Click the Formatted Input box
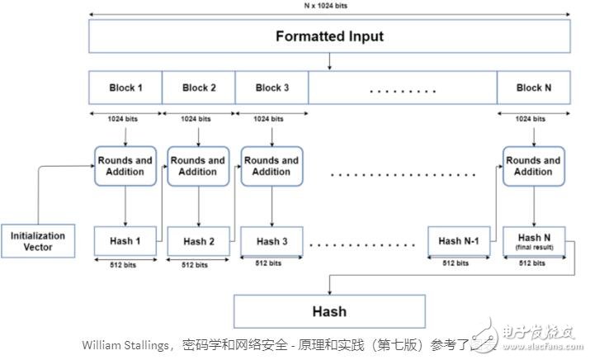(x=329, y=37)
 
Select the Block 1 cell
(x=125, y=88)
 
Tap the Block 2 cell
(x=198, y=88)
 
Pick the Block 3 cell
(x=271, y=88)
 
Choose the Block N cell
(x=533, y=88)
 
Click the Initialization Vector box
(x=38, y=241)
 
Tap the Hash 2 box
(x=199, y=242)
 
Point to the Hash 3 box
(x=271, y=242)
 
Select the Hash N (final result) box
(x=533, y=240)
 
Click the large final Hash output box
(x=329, y=312)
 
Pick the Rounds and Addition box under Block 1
(x=125, y=166)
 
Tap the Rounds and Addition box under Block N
(x=532, y=166)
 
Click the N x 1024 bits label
(x=328, y=5)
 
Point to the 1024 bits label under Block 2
(x=198, y=119)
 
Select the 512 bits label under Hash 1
(x=125, y=266)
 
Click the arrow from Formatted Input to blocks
(x=329, y=62)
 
